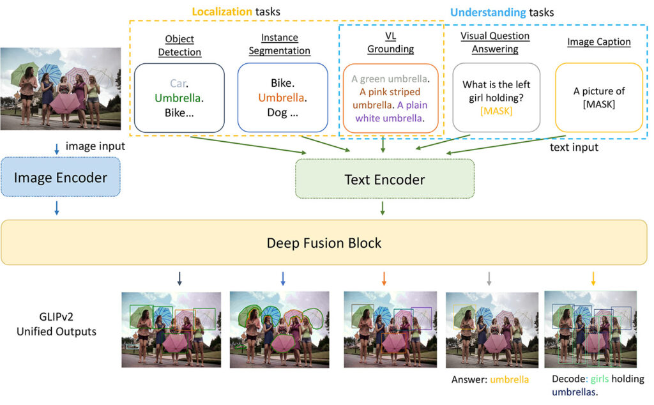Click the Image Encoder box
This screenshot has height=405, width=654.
pyautogui.click(x=61, y=178)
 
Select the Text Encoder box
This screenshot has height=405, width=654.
pyautogui.click(x=384, y=180)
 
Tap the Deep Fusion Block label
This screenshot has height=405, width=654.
pyautogui.click(x=324, y=243)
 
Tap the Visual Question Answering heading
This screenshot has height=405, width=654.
pyautogui.click(x=489, y=42)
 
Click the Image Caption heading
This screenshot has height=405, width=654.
pyautogui.click(x=598, y=42)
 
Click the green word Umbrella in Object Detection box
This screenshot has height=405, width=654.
pyautogui.click(x=179, y=98)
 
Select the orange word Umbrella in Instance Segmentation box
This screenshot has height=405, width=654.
pyautogui.click(x=281, y=98)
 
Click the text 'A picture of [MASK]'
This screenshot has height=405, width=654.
pyautogui.click(x=598, y=98)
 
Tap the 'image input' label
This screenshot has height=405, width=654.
pyautogui.click(x=95, y=147)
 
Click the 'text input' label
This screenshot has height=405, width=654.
pyautogui.click(x=574, y=147)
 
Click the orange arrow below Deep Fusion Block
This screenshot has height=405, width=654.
pyautogui.click(x=384, y=278)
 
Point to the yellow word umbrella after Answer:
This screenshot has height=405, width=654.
pyautogui.click(x=509, y=379)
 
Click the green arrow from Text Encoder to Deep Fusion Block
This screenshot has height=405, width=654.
pyautogui.click(x=383, y=208)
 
